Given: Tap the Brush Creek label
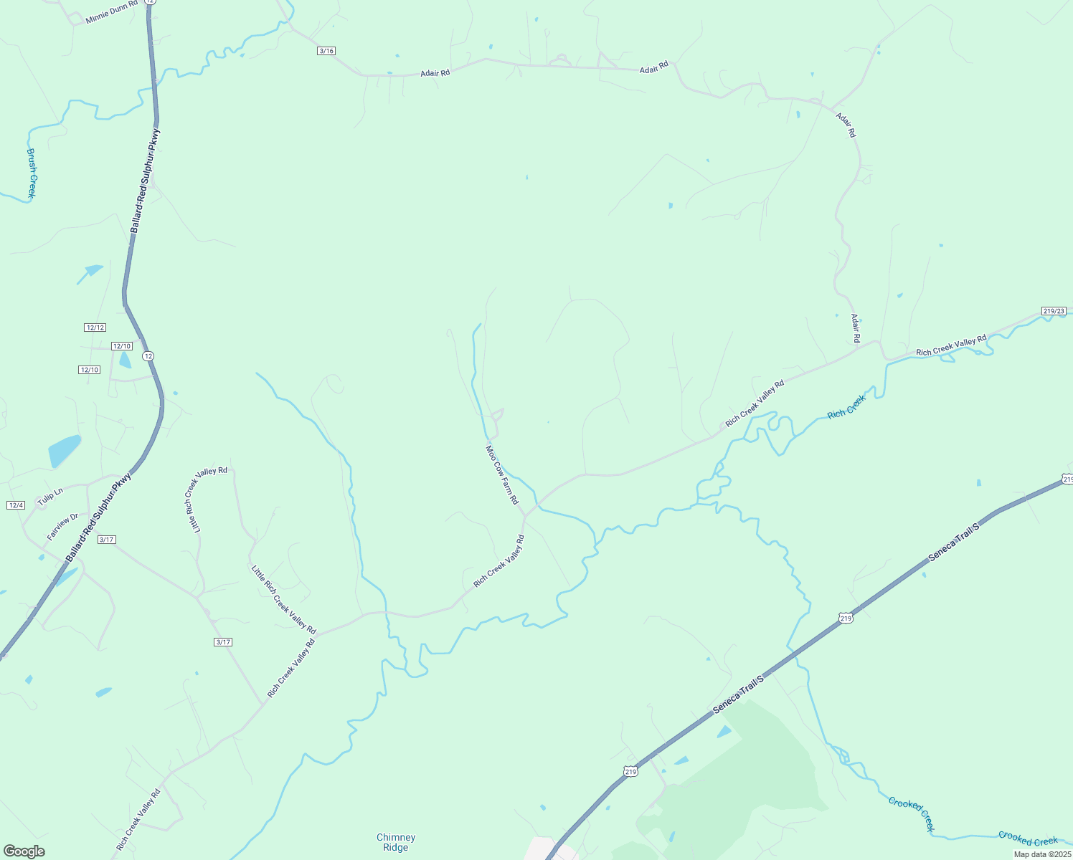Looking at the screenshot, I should [x=32, y=173].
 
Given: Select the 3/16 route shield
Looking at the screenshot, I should [x=326, y=51].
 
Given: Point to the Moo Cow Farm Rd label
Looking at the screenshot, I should [x=502, y=474].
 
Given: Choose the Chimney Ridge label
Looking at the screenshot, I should [x=396, y=842].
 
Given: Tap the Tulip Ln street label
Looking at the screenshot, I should [x=50, y=497].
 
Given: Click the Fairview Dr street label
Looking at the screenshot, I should [x=62, y=527].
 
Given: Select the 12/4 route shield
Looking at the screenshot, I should [x=16, y=505].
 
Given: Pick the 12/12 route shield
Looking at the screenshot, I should [x=95, y=328].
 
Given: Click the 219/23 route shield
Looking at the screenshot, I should [x=1053, y=311].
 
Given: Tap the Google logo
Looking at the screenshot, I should [x=24, y=851].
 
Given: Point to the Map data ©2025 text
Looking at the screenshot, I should [x=1042, y=854].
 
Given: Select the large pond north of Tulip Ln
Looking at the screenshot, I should [x=64, y=451].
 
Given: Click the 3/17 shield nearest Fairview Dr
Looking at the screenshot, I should [x=106, y=540].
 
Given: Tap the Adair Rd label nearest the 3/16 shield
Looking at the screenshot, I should [x=435, y=73].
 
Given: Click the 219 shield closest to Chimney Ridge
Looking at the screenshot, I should [x=630, y=771].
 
